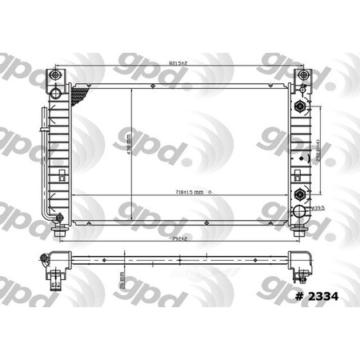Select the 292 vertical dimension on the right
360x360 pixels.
tap(318, 150)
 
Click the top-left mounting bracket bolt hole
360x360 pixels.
tap(55, 75)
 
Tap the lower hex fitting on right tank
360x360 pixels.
tap(299, 194)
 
